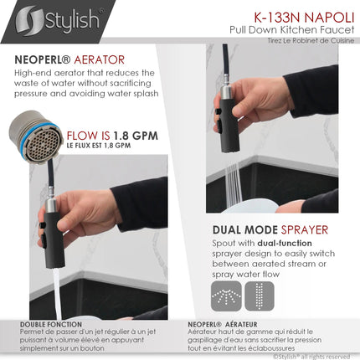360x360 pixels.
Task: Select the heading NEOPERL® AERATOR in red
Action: (x=69, y=60)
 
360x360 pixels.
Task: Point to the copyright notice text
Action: (x=314, y=356)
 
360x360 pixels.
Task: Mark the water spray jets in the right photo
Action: (x=232, y=180)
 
